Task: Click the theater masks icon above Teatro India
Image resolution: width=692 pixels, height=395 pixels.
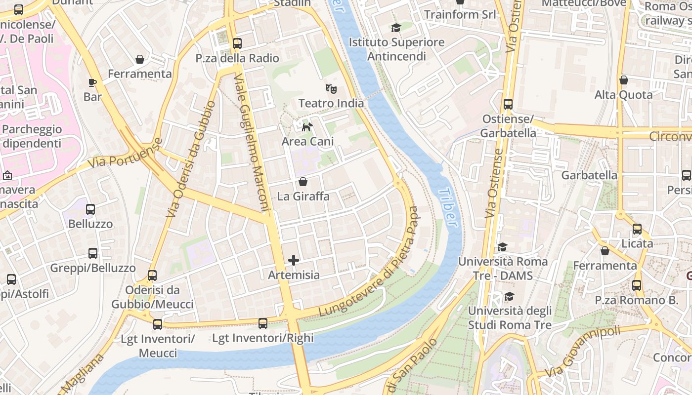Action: (x=331, y=89)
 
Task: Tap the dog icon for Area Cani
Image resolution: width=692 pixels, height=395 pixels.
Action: (x=307, y=127)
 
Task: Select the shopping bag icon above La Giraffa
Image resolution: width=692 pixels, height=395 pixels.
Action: (x=303, y=182)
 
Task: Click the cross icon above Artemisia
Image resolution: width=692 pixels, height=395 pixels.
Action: (x=294, y=260)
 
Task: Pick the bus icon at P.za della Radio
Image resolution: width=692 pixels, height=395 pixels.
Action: (x=237, y=43)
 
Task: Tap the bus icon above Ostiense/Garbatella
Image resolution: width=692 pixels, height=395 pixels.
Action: (x=508, y=104)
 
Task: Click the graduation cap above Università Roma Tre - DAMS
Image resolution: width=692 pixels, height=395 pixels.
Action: (x=502, y=247)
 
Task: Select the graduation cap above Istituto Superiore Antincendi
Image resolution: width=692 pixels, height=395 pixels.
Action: (x=396, y=28)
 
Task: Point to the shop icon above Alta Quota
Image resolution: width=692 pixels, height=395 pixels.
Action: (x=624, y=80)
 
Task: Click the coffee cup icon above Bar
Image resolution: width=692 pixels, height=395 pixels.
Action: (x=92, y=82)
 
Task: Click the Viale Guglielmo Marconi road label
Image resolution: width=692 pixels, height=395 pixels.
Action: (x=252, y=143)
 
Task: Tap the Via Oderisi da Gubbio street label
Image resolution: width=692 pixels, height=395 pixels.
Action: (x=191, y=159)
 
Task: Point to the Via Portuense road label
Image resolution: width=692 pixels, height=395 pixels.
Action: (x=126, y=153)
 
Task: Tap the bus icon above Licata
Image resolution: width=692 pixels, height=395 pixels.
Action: (x=637, y=229)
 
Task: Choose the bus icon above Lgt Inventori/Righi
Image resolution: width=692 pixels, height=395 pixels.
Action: (x=263, y=323)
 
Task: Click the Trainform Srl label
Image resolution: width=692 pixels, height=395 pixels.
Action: (x=460, y=14)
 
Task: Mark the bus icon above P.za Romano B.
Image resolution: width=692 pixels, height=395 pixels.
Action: (x=637, y=285)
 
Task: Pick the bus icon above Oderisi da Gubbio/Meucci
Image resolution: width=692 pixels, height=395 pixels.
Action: (x=152, y=276)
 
